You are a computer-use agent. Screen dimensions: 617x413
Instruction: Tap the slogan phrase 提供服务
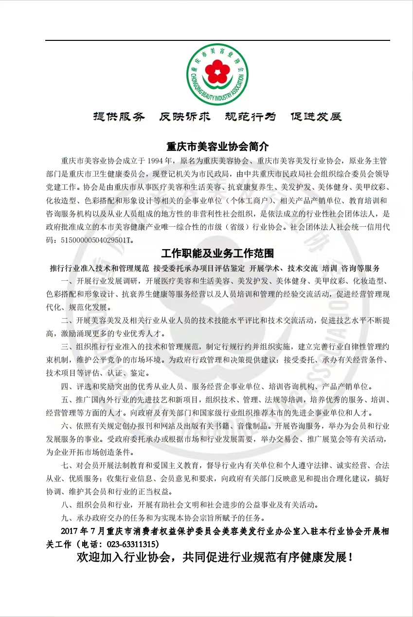tap(119, 117)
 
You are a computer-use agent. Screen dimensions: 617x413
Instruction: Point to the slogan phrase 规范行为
tap(250, 117)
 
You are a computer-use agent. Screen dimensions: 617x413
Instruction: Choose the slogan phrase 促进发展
tap(316, 117)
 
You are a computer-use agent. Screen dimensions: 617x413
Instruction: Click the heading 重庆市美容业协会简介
tap(217, 146)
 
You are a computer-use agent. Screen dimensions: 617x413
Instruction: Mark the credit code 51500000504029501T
tap(96, 240)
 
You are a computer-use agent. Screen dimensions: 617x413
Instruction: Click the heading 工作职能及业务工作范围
tap(217, 254)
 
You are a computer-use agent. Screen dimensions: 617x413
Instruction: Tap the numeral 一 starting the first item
tap(65, 281)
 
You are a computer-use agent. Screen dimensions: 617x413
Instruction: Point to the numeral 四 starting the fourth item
tap(65, 387)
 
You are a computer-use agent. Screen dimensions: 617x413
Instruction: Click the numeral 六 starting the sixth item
tap(65, 426)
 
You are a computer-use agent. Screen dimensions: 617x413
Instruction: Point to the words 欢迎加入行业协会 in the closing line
tap(125, 558)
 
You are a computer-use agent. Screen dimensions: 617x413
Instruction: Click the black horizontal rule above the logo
tap(217, 40)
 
